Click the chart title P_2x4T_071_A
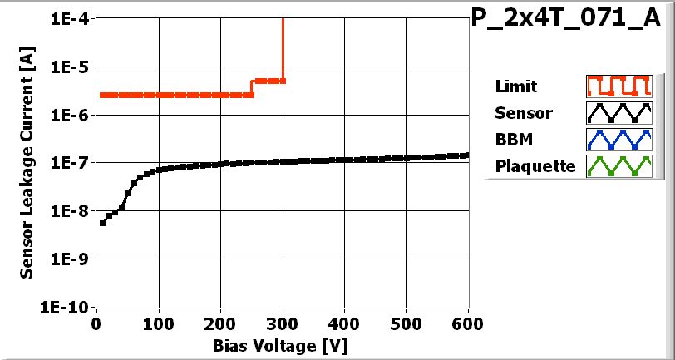tap(571, 20)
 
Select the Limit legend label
tap(515, 86)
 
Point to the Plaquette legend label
tap(535, 165)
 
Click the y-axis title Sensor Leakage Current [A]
tap(27, 163)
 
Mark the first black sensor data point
tap(102, 223)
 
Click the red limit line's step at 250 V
tap(252, 88)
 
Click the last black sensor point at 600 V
tap(468, 155)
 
